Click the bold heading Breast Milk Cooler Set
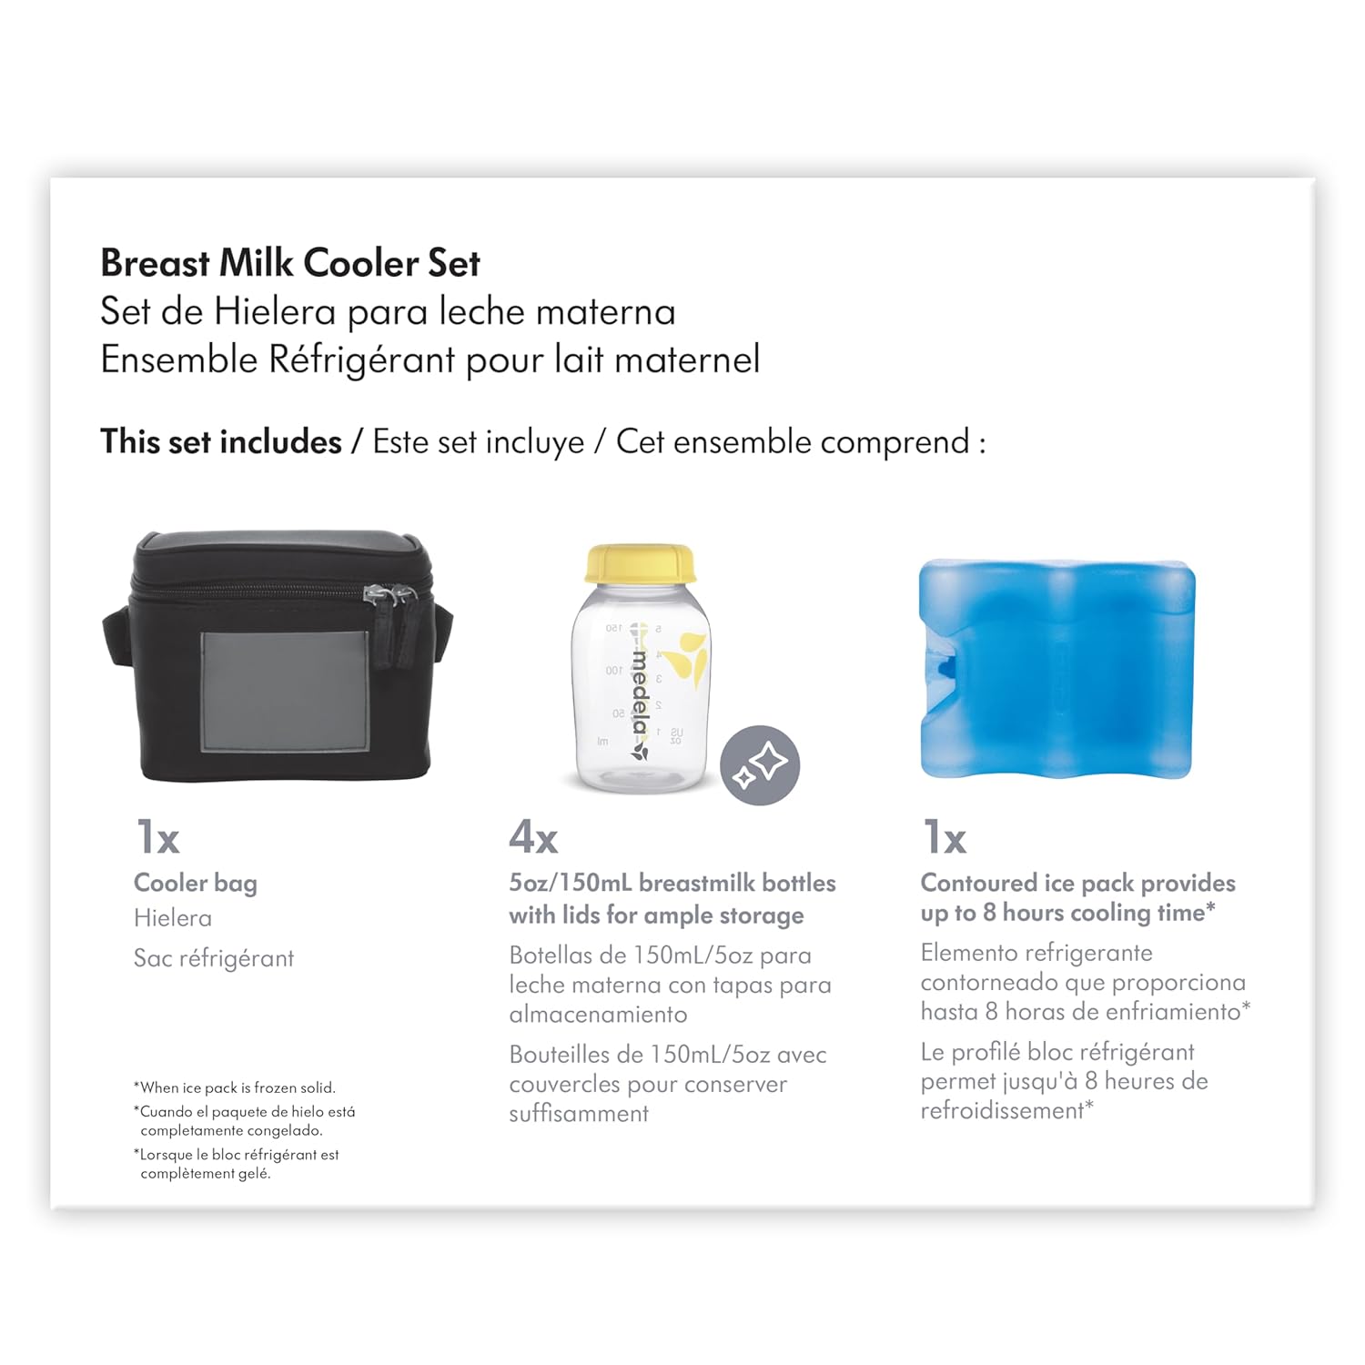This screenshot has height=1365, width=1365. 290,263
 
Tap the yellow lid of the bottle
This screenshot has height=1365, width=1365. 641,564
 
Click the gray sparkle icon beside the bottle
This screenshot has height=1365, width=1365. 760,765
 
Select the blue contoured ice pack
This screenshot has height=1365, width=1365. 1057,669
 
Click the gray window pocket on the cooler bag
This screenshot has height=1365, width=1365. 285,692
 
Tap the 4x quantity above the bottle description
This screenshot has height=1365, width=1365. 533,837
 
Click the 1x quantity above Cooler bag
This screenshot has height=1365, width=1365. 157,837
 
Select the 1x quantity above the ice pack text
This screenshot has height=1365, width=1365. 944,837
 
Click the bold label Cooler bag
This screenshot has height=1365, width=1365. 196,884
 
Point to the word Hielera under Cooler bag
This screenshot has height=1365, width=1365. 173,918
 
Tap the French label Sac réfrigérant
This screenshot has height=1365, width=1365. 214,959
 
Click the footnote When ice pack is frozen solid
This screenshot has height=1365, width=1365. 235,1087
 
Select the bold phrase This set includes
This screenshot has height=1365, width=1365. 221,441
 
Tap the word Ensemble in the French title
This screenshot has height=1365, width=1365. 179,359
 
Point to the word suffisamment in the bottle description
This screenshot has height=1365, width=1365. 579,1114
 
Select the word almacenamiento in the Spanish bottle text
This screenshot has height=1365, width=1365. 598,1015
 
